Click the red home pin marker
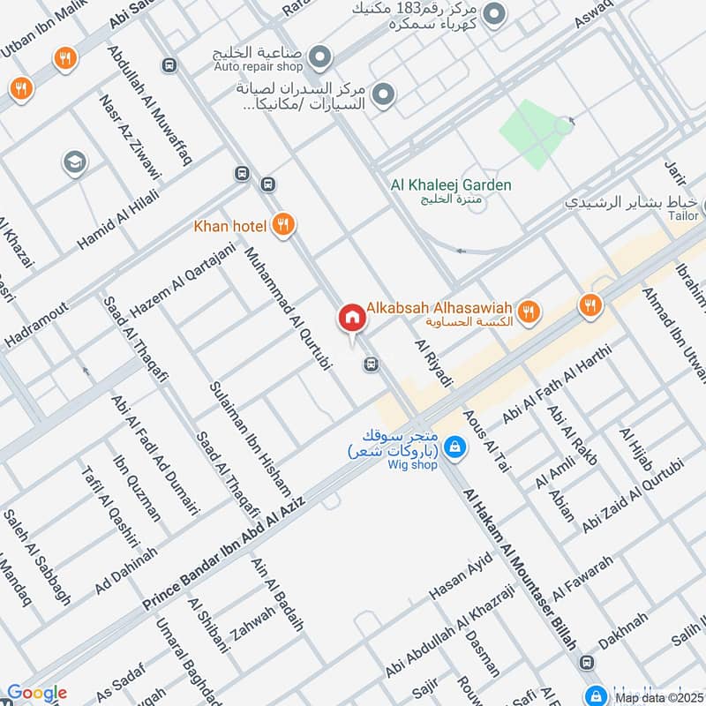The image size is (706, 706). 351,318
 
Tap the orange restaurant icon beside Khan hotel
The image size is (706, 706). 283,225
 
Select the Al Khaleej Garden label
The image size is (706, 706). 451,185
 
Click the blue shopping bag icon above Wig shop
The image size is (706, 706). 453,447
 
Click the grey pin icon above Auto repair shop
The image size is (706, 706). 322,57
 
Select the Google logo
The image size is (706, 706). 36,694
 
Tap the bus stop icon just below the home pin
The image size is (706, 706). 372,364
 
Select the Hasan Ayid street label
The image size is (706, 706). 459,583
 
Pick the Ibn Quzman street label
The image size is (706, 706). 137,489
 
